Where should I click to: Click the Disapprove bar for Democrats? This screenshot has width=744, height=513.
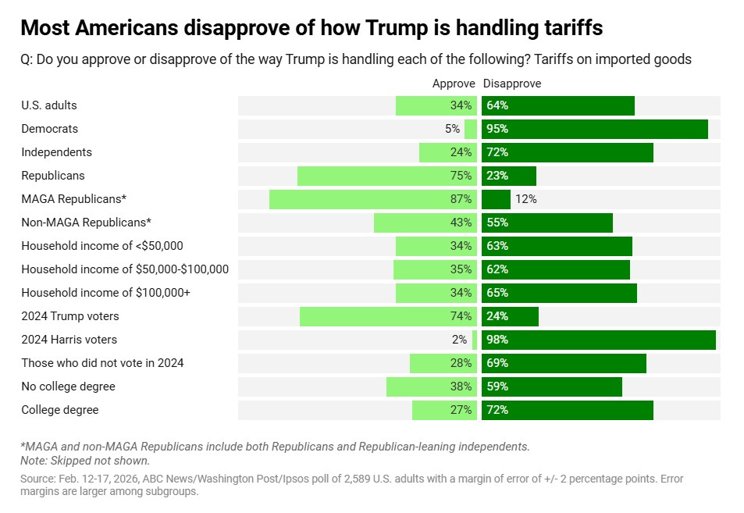coord(594,129)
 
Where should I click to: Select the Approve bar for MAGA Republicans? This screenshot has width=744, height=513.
coord(372,199)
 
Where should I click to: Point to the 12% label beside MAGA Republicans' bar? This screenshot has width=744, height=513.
coord(525,199)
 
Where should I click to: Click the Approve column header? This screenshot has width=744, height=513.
coord(454,84)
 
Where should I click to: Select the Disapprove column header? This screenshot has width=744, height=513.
coord(512,84)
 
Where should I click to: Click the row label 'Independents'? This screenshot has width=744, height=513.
coord(56,152)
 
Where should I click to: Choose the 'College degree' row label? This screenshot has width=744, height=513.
coord(60,410)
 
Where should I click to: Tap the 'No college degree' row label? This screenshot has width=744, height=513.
coord(68,387)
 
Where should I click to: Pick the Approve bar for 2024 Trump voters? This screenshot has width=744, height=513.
coord(387,316)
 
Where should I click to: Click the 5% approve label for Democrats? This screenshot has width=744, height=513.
coord(453,129)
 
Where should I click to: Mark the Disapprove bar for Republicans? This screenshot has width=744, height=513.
coord(509,176)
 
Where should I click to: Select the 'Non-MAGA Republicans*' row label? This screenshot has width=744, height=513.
coord(86,223)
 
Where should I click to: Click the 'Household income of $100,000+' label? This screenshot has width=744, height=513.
coord(105,293)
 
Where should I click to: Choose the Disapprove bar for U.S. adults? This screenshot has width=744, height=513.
coord(557,105)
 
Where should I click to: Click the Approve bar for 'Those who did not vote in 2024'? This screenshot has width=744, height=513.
coord(443,363)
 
